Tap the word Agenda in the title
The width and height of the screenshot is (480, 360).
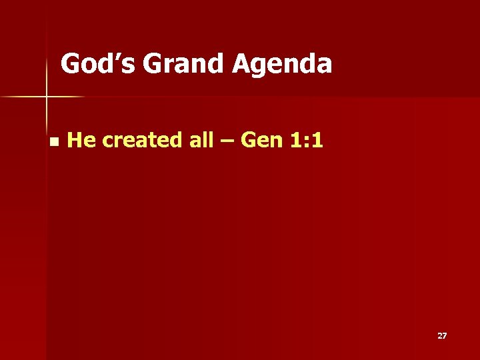[282, 65]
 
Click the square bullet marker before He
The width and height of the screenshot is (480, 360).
[53, 141]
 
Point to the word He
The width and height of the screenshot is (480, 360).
[82, 140]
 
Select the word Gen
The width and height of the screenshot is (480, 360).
[259, 140]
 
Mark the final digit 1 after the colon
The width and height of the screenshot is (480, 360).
[318, 140]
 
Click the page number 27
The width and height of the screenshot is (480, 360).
[442, 336]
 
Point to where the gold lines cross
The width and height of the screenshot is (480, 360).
[47, 97]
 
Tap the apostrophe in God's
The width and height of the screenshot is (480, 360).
[116, 56]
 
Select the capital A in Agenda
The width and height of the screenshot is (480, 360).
[242, 64]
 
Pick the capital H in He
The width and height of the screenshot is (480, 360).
[75, 140]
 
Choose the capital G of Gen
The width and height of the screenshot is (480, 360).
[247, 140]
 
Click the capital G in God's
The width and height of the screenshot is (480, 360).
[70, 64]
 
